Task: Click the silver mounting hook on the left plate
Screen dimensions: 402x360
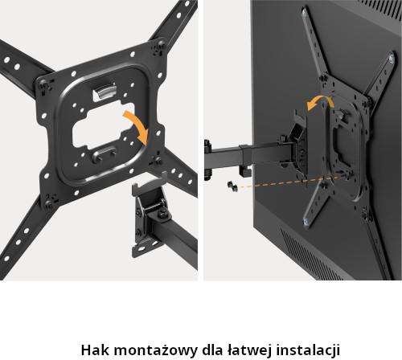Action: (105, 92)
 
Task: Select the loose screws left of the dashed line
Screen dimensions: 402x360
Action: (232, 186)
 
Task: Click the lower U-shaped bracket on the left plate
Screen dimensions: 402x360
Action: (105, 155)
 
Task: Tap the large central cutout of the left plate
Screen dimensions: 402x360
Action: (103, 126)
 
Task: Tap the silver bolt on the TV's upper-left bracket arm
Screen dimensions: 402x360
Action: (304, 12)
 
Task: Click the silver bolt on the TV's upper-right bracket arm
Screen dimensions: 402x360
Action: (392, 59)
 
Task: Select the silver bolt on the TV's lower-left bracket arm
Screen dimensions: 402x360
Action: (306, 222)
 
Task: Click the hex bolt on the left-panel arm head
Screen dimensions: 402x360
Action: (162, 214)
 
